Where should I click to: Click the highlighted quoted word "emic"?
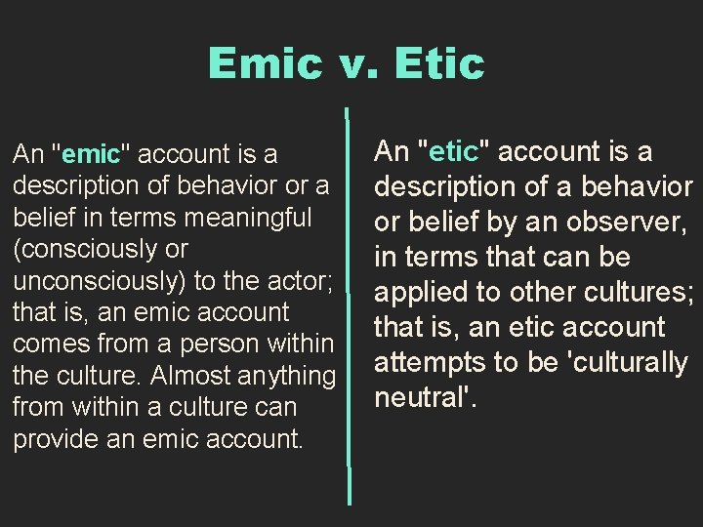[x=93, y=154]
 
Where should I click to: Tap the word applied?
[x=427, y=292]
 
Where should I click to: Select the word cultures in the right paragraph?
[x=644, y=292]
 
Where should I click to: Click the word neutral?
[x=421, y=397]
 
